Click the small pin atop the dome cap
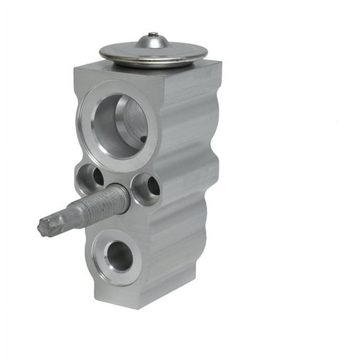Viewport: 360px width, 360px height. pyautogui.click(x=153, y=34)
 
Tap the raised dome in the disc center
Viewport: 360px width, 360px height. pyautogui.click(x=153, y=42)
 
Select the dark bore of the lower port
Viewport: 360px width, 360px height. pyautogui.click(x=119, y=256)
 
